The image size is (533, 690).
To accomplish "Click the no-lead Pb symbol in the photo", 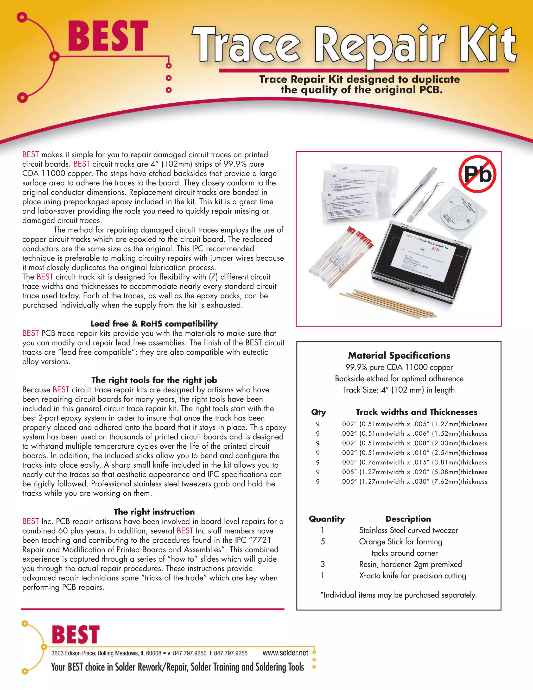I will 477,174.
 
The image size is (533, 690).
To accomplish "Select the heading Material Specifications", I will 399,355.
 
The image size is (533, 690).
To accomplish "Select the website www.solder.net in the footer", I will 285,653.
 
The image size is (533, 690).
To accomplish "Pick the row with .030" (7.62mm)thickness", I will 413,481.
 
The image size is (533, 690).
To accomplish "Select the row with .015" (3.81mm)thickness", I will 413,462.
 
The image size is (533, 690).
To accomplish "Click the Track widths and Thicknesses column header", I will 416,412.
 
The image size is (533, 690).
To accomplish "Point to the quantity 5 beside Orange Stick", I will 322,542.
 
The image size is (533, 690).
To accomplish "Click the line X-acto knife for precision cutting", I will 413,575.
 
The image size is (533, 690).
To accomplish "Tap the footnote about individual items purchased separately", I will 398,595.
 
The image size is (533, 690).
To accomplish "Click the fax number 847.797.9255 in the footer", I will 231,653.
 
